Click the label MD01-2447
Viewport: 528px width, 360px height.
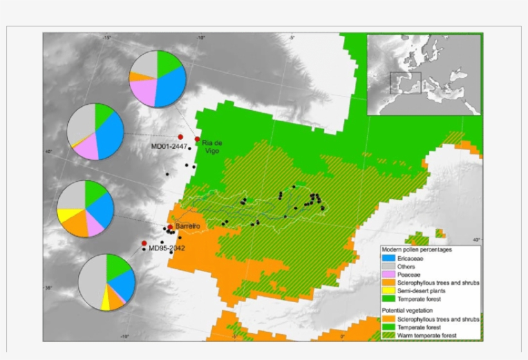coord(169,147)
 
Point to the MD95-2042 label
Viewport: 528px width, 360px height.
coord(168,248)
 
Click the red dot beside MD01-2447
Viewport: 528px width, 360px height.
coord(181,137)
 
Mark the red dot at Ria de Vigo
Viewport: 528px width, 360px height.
coord(197,139)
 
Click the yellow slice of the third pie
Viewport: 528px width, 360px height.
coord(66,215)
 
